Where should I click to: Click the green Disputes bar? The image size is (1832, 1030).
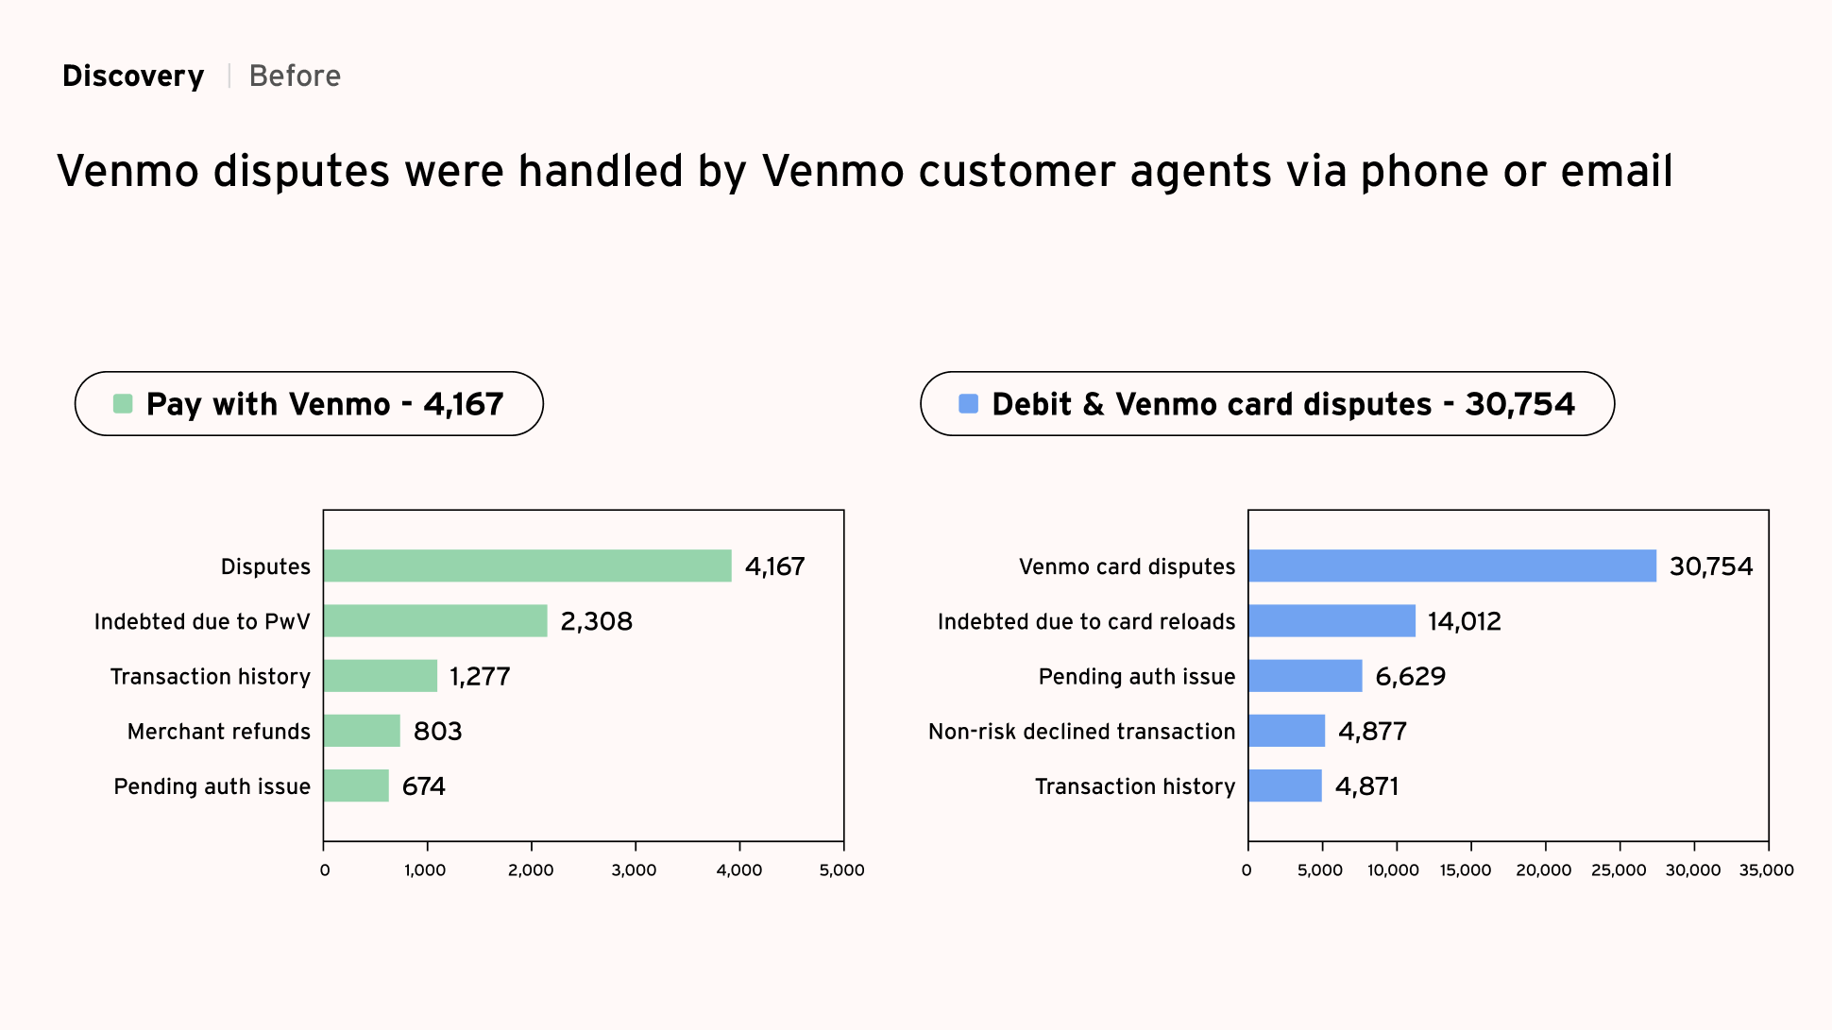tap(527, 566)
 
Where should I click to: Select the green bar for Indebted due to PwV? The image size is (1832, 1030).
tap(435, 621)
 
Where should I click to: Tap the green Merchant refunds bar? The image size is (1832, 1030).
tap(362, 731)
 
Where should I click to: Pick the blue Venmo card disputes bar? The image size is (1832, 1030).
tap(1451, 566)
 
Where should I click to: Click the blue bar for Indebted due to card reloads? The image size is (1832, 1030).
tap(1332, 621)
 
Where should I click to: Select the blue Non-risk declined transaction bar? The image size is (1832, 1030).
tap(1286, 731)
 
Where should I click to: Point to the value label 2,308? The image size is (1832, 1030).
tap(596, 621)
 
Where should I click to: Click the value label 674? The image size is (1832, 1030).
tap(423, 786)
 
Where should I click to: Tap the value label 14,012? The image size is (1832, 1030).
tap(1464, 621)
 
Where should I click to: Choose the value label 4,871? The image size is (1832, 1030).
tap(1366, 786)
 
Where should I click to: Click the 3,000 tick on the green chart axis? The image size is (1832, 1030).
tap(635, 870)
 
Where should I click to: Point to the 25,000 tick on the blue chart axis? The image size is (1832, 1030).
tap(1619, 870)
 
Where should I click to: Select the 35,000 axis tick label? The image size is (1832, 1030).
tap(1766, 870)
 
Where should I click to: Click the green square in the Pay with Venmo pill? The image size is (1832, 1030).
tap(123, 404)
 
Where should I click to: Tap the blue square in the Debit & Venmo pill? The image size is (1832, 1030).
tap(968, 404)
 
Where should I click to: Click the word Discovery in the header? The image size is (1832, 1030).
tap(133, 76)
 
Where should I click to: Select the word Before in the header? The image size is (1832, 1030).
tap(295, 76)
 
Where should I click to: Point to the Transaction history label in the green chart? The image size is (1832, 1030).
tap(210, 676)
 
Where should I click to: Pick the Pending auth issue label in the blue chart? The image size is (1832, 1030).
tap(1136, 676)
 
